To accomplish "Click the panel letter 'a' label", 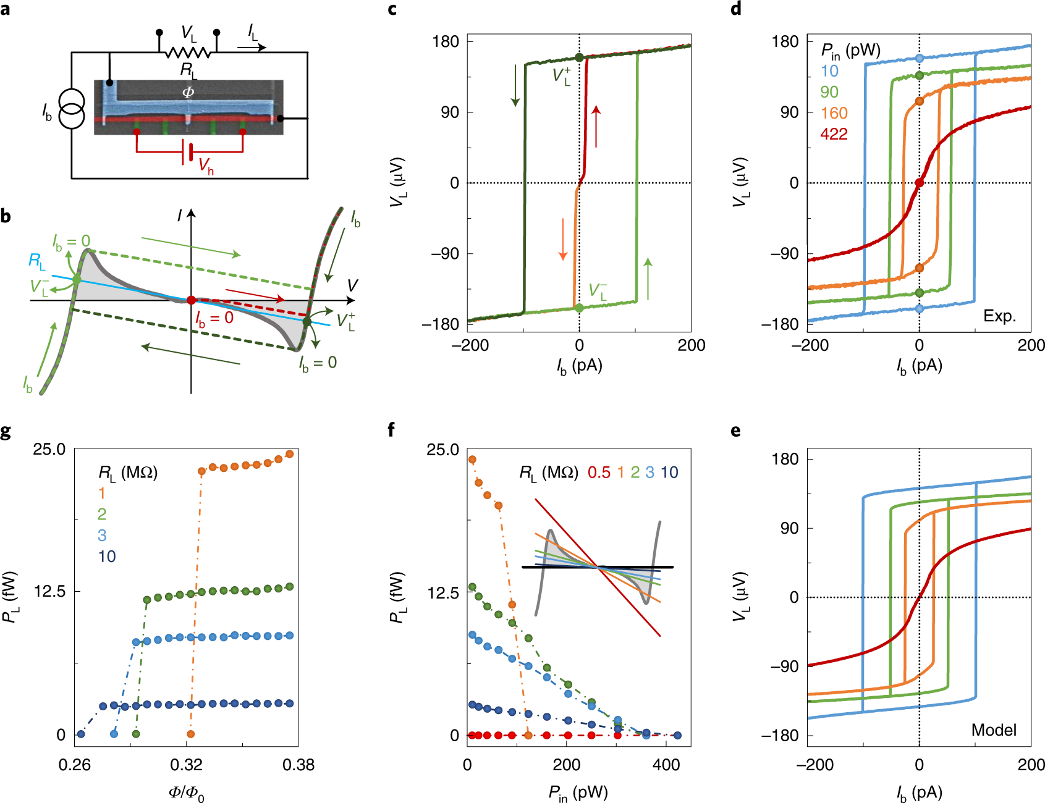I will tap(6, 10).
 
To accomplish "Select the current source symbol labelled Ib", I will tap(71, 111).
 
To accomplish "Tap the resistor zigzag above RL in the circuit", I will tap(188, 53).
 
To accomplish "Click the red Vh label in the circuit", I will tap(206, 166).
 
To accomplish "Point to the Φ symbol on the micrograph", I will tap(188, 92).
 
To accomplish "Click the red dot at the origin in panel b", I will tap(191, 300).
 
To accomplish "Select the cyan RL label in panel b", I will tap(36, 261).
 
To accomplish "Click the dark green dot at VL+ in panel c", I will tap(579, 57).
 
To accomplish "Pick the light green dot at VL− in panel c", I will tap(579, 308).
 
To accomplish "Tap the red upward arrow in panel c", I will tap(596, 126).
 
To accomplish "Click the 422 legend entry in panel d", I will tap(834, 134).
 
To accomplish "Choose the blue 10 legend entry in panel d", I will tap(830, 71).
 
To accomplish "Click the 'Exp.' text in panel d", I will tap(999, 316).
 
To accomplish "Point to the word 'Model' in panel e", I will tap(994, 730).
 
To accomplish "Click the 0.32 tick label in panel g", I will tap(186, 765).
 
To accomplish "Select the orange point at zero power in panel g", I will tap(190, 734).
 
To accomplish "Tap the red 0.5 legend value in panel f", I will tap(599, 473).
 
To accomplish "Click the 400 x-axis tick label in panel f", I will tap(666, 765).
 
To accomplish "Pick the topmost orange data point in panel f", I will tap(472, 460).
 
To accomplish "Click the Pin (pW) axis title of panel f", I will tap(578, 793).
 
